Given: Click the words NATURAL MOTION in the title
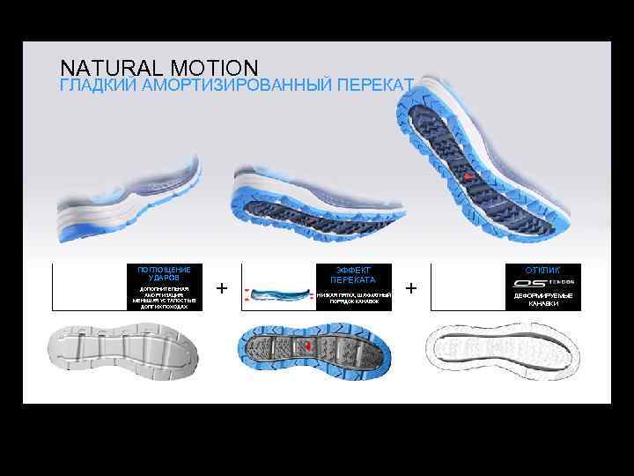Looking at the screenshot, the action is [x=159, y=68].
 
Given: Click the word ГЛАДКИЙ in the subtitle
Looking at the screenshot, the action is [x=90, y=85].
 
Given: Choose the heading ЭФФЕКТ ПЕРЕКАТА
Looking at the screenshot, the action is [x=352, y=274].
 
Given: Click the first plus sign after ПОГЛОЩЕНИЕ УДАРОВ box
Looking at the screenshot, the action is [x=221, y=288].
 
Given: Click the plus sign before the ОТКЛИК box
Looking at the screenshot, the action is [x=410, y=288].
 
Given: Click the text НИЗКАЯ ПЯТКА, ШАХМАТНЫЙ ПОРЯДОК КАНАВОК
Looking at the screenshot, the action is [x=353, y=298].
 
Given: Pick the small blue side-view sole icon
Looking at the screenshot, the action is [x=279, y=289].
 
